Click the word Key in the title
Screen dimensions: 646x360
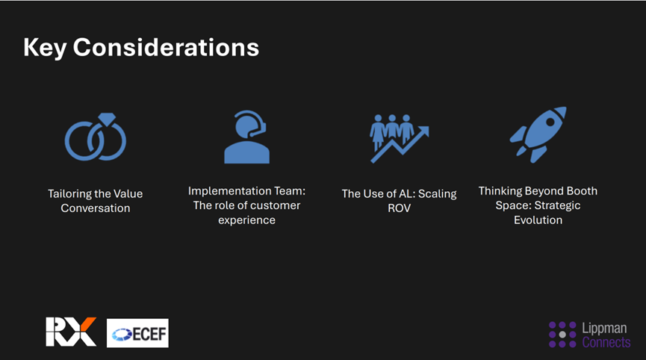click(45, 49)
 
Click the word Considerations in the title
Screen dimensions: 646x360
click(166, 47)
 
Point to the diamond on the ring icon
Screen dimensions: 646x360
click(107, 120)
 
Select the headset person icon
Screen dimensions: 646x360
click(246, 137)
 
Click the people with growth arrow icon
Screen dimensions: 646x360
click(400, 138)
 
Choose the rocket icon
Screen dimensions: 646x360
click(538, 134)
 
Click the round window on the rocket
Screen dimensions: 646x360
click(550, 122)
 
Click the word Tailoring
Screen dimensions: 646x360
click(69, 194)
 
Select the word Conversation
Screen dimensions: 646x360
click(96, 208)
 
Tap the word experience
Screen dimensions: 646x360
click(246, 220)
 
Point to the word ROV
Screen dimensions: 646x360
click(400, 208)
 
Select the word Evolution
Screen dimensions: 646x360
click(538, 220)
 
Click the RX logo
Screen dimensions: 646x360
click(71, 332)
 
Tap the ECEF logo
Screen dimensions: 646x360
click(137, 333)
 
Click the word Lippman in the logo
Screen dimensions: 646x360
click(604, 329)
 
